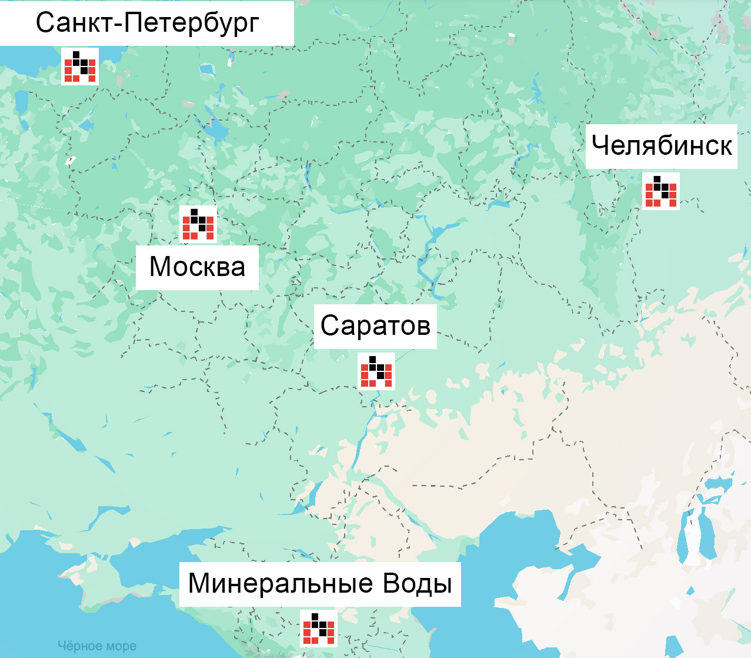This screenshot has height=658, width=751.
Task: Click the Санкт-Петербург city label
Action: pos(147,23)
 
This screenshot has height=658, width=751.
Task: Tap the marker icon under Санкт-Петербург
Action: pos(80,67)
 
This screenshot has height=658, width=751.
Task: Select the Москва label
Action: pos(197,267)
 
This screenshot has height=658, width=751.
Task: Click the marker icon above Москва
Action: pos(198,224)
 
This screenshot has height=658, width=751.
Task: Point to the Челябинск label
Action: pos(662,145)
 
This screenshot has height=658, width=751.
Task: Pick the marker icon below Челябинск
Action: pos(661,191)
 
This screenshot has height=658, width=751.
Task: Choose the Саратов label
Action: pos(375,325)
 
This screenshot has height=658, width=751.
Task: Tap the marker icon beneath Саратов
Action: pos(376,371)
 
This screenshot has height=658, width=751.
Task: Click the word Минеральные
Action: pos(281,583)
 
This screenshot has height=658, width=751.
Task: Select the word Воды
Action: pos(417,583)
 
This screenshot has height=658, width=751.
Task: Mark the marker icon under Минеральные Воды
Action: pos(319,629)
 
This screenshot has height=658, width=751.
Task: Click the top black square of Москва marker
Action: pos(194,212)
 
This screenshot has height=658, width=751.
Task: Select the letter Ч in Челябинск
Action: pos(599,145)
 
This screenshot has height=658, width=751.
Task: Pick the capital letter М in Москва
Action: pos(159,267)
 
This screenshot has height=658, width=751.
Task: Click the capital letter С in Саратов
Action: pos(329,325)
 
